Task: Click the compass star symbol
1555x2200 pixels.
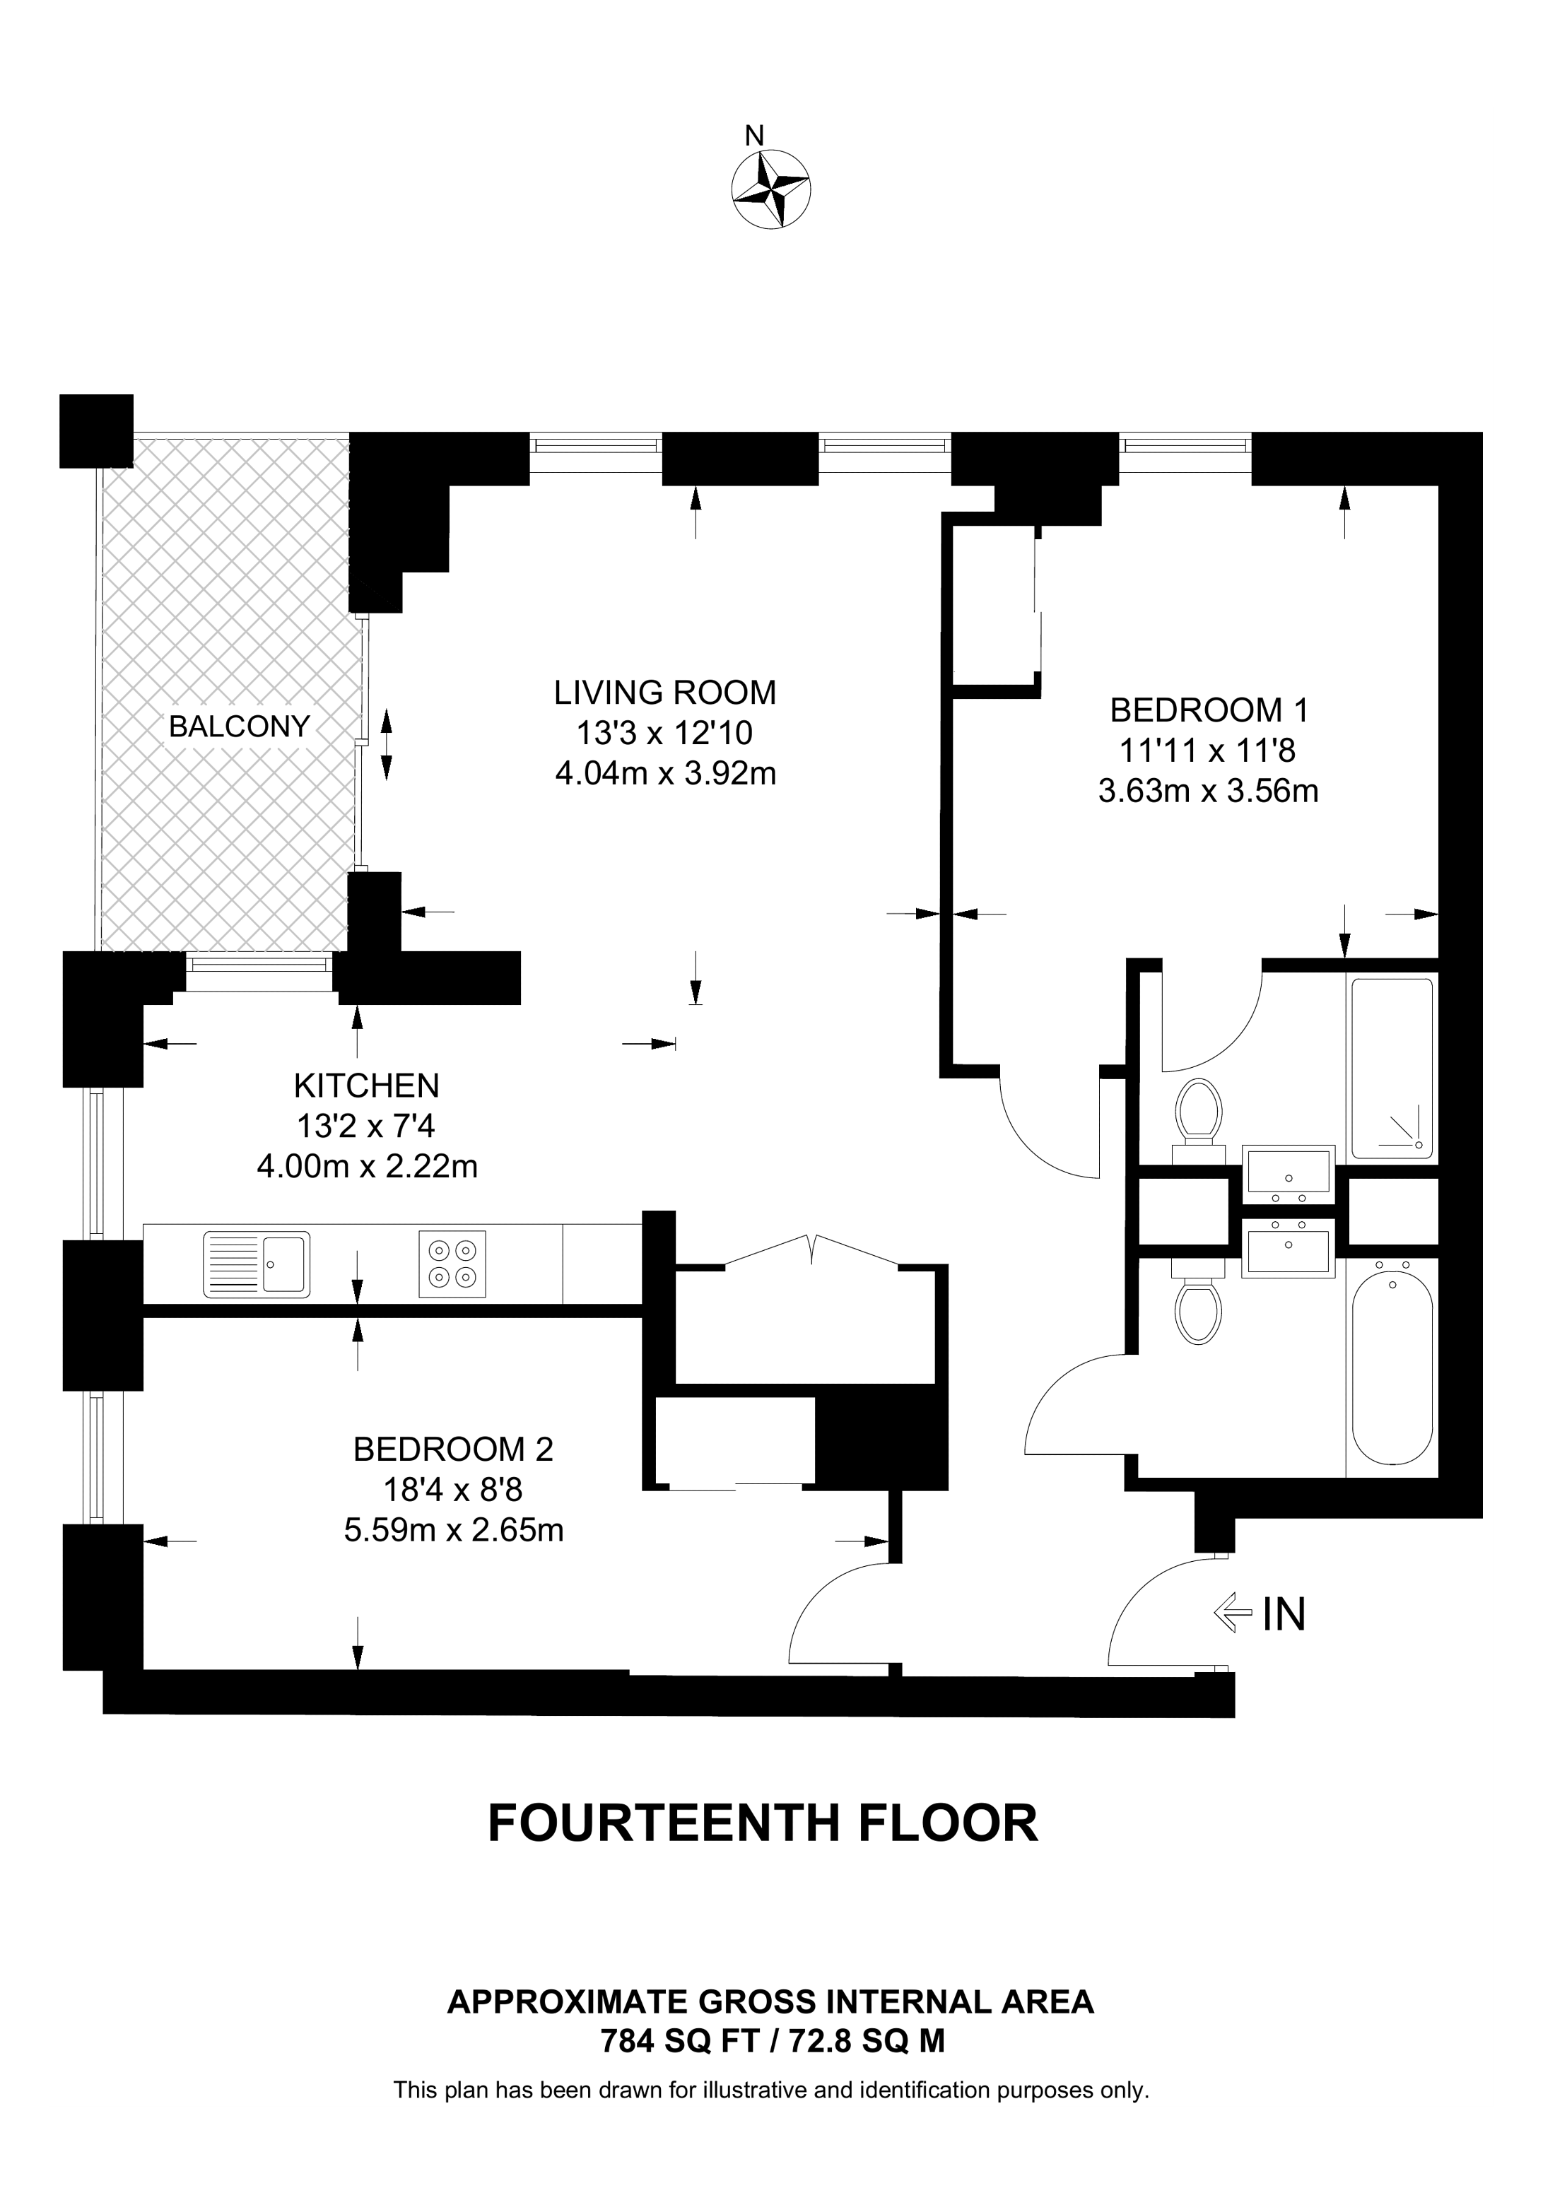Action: [771, 189]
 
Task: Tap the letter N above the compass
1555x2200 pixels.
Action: [755, 136]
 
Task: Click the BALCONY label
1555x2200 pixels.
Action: [240, 727]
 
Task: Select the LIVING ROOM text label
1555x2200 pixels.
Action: [665, 692]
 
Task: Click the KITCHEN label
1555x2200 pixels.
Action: [367, 1086]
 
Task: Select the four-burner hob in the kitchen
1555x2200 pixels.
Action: [453, 1264]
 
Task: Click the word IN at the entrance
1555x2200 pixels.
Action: [1284, 1615]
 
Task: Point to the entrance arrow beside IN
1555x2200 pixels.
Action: [1233, 1613]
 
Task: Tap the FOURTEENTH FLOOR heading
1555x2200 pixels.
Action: [763, 1823]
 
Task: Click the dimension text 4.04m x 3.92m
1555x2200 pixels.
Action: [666, 772]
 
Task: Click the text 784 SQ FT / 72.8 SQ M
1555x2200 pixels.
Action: [773, 2042]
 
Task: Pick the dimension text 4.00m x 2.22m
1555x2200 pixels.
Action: [367, 1166]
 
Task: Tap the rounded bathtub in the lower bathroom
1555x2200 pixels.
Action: [1392, 1367]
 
